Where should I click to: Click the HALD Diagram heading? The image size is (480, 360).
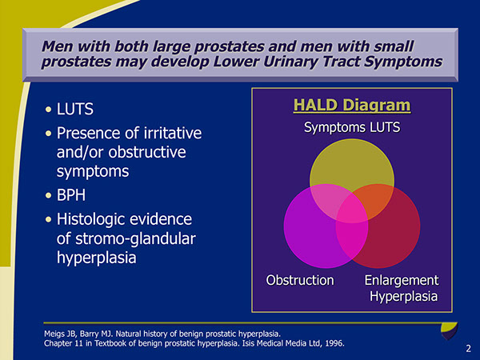click(x=352, y=106)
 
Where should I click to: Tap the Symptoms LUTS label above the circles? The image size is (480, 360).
click(x=352, y=128)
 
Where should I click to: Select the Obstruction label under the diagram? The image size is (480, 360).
click(x=300, y=280)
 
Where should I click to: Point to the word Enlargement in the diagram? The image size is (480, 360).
click(x=402, y=280)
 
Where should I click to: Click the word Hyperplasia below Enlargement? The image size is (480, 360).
click(x=404, y=298)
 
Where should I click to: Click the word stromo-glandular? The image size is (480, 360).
click(x=124, y=239)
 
